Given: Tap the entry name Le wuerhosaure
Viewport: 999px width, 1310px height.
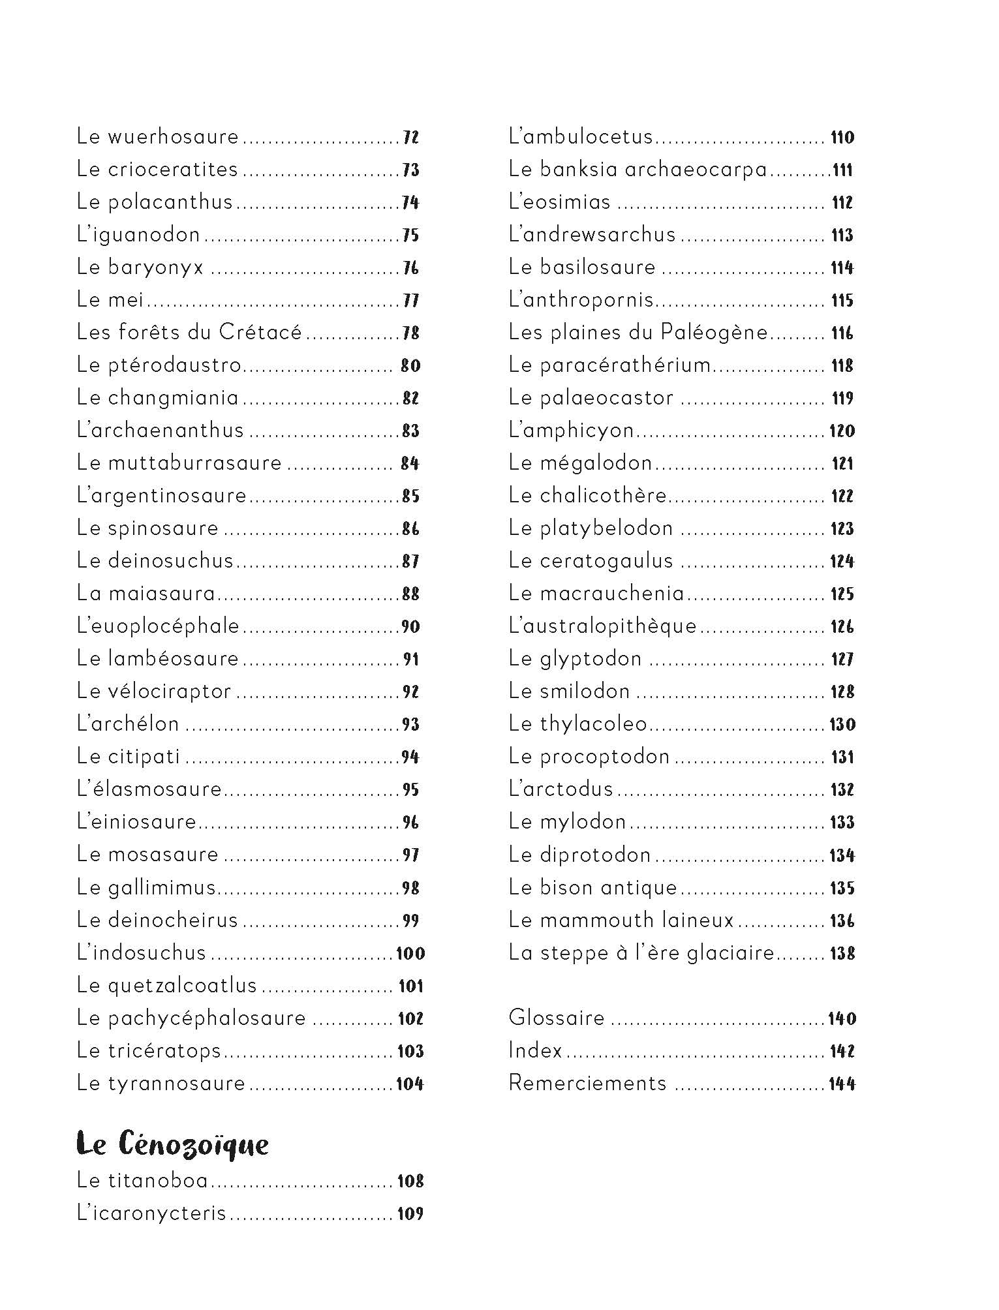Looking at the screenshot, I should coord(158,137).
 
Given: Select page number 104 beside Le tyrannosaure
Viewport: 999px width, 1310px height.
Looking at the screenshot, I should coord(410,1084).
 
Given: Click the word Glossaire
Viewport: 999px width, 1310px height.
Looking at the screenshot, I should coord(557,1018).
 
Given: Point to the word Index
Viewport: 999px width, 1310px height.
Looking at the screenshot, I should coord(535,1050).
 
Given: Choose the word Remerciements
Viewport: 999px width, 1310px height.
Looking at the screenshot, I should coord(587,1083).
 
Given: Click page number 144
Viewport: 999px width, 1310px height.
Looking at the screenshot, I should coord(842,1084).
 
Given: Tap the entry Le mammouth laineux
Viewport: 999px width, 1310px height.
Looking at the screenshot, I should coord(621,920).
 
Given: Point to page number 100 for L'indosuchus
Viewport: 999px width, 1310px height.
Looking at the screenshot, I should coord(410,953).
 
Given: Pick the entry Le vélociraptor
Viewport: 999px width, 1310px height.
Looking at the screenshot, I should coord(154,692).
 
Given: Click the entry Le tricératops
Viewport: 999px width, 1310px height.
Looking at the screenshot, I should coord(149,1050).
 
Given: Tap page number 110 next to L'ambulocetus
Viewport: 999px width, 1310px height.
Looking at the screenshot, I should coord(842,137).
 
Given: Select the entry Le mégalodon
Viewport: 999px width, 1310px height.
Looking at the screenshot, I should coord(580,463).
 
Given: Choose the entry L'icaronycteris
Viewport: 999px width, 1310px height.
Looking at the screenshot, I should coord(151,1213).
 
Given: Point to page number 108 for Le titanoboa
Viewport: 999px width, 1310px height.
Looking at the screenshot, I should coord(410,1181).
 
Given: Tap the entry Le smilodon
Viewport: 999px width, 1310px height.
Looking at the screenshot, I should coord(569,692).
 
